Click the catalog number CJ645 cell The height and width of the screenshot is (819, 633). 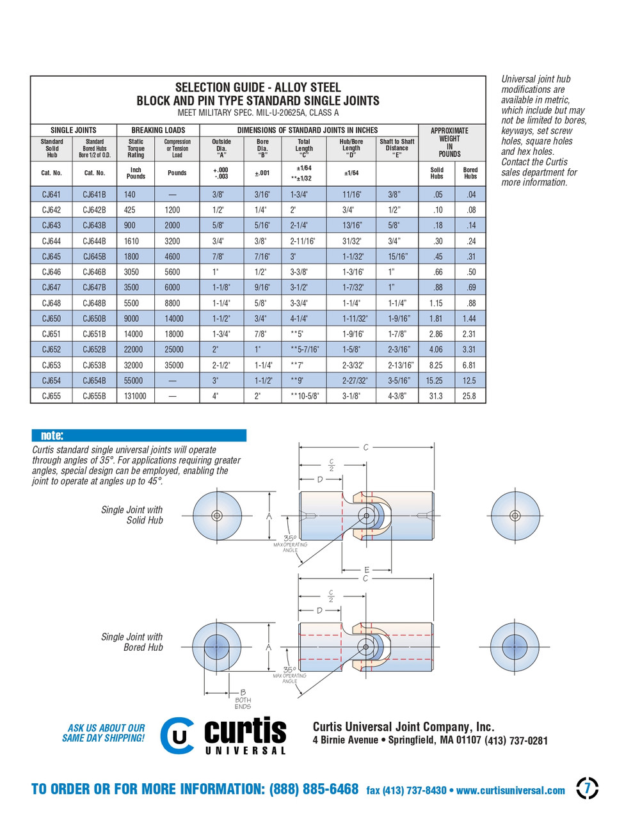pyautogui.click(x=52, y=257)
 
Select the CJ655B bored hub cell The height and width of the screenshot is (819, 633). pyautogui.click(x=95, y=396)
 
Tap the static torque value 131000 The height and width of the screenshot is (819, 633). pyautogui.click(x=136, y=396)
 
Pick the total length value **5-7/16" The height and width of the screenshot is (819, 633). pyautogui.click(x=304, y=349)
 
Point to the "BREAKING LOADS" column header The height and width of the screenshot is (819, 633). pyautogui.click(x=158, y=130)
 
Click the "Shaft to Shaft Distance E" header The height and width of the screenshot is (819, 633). pyautogui.click(x=397, y=148)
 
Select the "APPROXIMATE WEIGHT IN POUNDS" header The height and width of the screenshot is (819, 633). pyautogui.click(x=449, y=142)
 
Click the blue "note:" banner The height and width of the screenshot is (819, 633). pyautogui.click(x=139, y=436)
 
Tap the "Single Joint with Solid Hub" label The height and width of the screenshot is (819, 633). pyautogui.click(x=132, y=515)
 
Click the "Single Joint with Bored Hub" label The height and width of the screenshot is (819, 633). pyautogui.click(x=132, y=642)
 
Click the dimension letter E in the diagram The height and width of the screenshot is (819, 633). pyautogui.click(x=367, y=569)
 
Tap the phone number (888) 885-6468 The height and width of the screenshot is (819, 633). pyautogui.click(x=314, y=789)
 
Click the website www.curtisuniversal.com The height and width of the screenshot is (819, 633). pyautogui.click(x=511, y=790)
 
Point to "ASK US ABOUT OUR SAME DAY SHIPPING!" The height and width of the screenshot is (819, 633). pyautogui.click(x=104, y=733)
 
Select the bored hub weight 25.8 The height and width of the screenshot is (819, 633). pyautogui.click(x=470, y=396)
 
